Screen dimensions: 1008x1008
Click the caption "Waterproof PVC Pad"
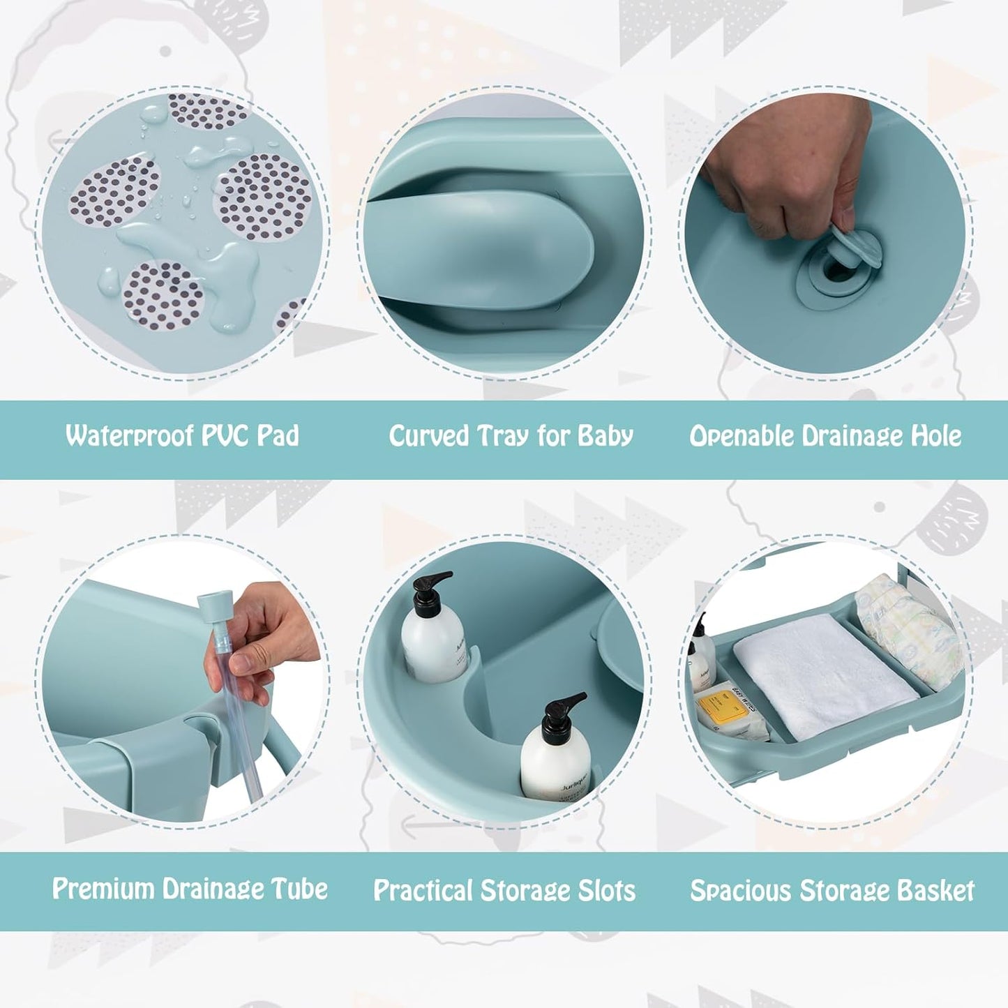[182, 436]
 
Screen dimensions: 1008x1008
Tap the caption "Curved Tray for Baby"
[511, 436]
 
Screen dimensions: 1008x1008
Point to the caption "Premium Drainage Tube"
[190, 889]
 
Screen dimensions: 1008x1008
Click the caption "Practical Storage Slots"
[504, 891]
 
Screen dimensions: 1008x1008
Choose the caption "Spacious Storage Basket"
[832, 891]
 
